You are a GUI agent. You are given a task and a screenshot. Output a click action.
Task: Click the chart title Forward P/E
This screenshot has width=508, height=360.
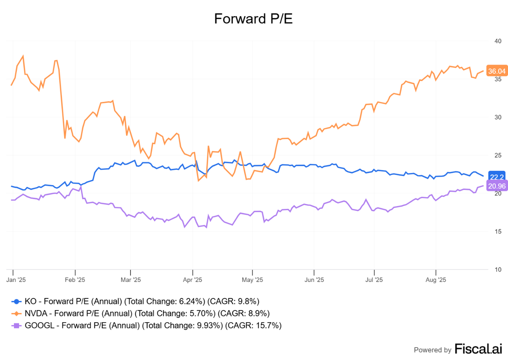pyautogui.click(x=253, y=19)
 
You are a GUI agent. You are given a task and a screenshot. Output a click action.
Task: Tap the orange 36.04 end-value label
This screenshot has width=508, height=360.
pyautogui.click(x=497, y=71)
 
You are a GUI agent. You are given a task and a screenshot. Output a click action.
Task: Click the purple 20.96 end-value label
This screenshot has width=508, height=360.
pyautogui.click(x=497, y=186)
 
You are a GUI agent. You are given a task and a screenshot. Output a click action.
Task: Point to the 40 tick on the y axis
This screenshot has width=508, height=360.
pyautogui.click(x=498, y=41)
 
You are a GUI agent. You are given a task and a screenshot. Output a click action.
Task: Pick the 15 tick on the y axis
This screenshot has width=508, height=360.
pyautogui.click(x=498, y=231)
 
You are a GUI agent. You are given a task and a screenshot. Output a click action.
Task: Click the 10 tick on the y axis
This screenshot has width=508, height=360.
pyautogui.click(x=498, y=270)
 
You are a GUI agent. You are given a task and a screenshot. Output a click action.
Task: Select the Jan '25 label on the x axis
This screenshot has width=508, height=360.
pyautogui.click(x=16, y=280)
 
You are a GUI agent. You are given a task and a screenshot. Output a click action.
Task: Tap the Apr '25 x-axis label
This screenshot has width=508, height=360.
pyautogui.click(x=192, y=280)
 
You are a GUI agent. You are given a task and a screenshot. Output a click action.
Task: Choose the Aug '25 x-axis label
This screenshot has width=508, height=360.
pyautogui.click(x=436, y=280)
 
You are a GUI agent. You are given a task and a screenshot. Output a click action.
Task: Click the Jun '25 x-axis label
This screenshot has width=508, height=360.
pyautogui.click(x=314, y=280)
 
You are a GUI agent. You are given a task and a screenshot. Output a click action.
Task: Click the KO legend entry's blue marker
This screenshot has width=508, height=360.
pyautogui.click(x=16, y=301)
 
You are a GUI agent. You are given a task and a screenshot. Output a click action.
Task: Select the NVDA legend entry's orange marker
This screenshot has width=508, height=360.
pyautogui.click(x=16, y=313)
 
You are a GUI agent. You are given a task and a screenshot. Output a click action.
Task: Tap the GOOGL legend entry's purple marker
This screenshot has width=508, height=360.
pyautogui.click(x=16, y=326)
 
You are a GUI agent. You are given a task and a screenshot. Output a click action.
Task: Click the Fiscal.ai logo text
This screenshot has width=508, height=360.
pyautogui.click(x=478, y=349)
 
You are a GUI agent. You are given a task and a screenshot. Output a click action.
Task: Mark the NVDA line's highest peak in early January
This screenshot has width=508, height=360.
pyautogui.click(x=23, y=56)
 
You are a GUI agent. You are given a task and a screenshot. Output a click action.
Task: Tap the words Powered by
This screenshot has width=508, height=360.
pyautogui.click(x=432, y=350)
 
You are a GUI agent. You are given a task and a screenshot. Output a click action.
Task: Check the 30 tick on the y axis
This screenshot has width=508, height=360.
pyautogui.click(x=498, y=117)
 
